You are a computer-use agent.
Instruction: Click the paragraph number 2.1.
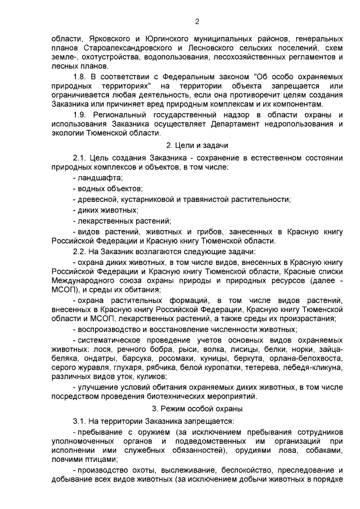81,158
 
